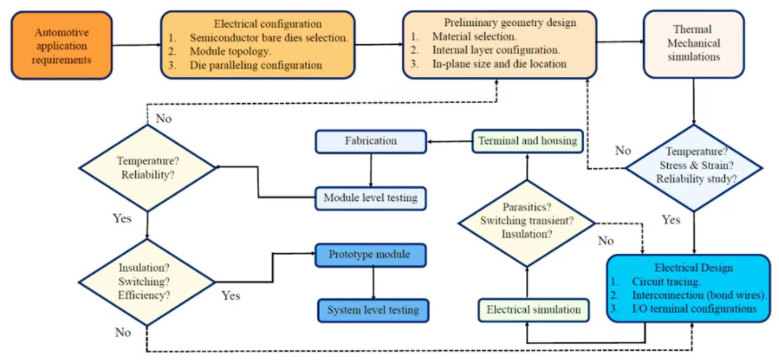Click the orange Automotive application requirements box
pyautogui.click(x=61, y=45)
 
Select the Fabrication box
pyautogui.click(x=371, y=141)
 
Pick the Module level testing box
pyautogui.click(x=370, y=198)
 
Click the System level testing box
pyautogui.click(x=372, y=310)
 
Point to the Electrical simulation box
pyautogui.click(x=533, y=310)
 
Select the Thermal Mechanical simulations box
pyautogui.click(x=694, y=43)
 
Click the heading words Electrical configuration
pyautogui.click(x=267, y=24)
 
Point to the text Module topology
pyautogui.click(x=230, y=51)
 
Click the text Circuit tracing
pyautogui.click(x=666, y=282)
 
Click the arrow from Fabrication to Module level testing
pyautogui.click(x=370, y=170)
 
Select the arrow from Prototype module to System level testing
pyautogui.click(x=372, y=283)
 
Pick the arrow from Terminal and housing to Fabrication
pyautogui.click(x=450, y=141)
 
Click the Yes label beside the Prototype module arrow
pyautogui.click(x=231, y=296)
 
